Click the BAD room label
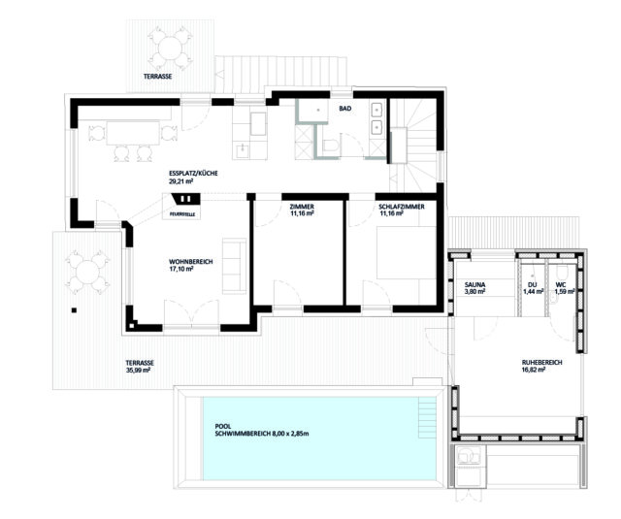click(345, 108)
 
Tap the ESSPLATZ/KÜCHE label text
click(193, 174)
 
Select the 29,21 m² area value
click(181, 181)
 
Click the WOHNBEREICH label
click(191, 262)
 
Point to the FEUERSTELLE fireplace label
click(182, 214)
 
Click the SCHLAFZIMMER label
click(402, 207)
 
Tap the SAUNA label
click(474, 284)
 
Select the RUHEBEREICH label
click(541, 362)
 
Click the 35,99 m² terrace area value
click(138, 371)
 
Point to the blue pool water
click(319, 438)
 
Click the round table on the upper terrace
click(171, 49)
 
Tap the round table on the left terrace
click(88, 273)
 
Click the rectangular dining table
click(133, 133)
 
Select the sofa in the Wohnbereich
click(235, 266)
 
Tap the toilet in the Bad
click(330, 146)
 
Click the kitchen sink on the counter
click(242, 149)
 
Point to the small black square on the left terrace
click(74, 310)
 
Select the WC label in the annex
click(561, 284)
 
